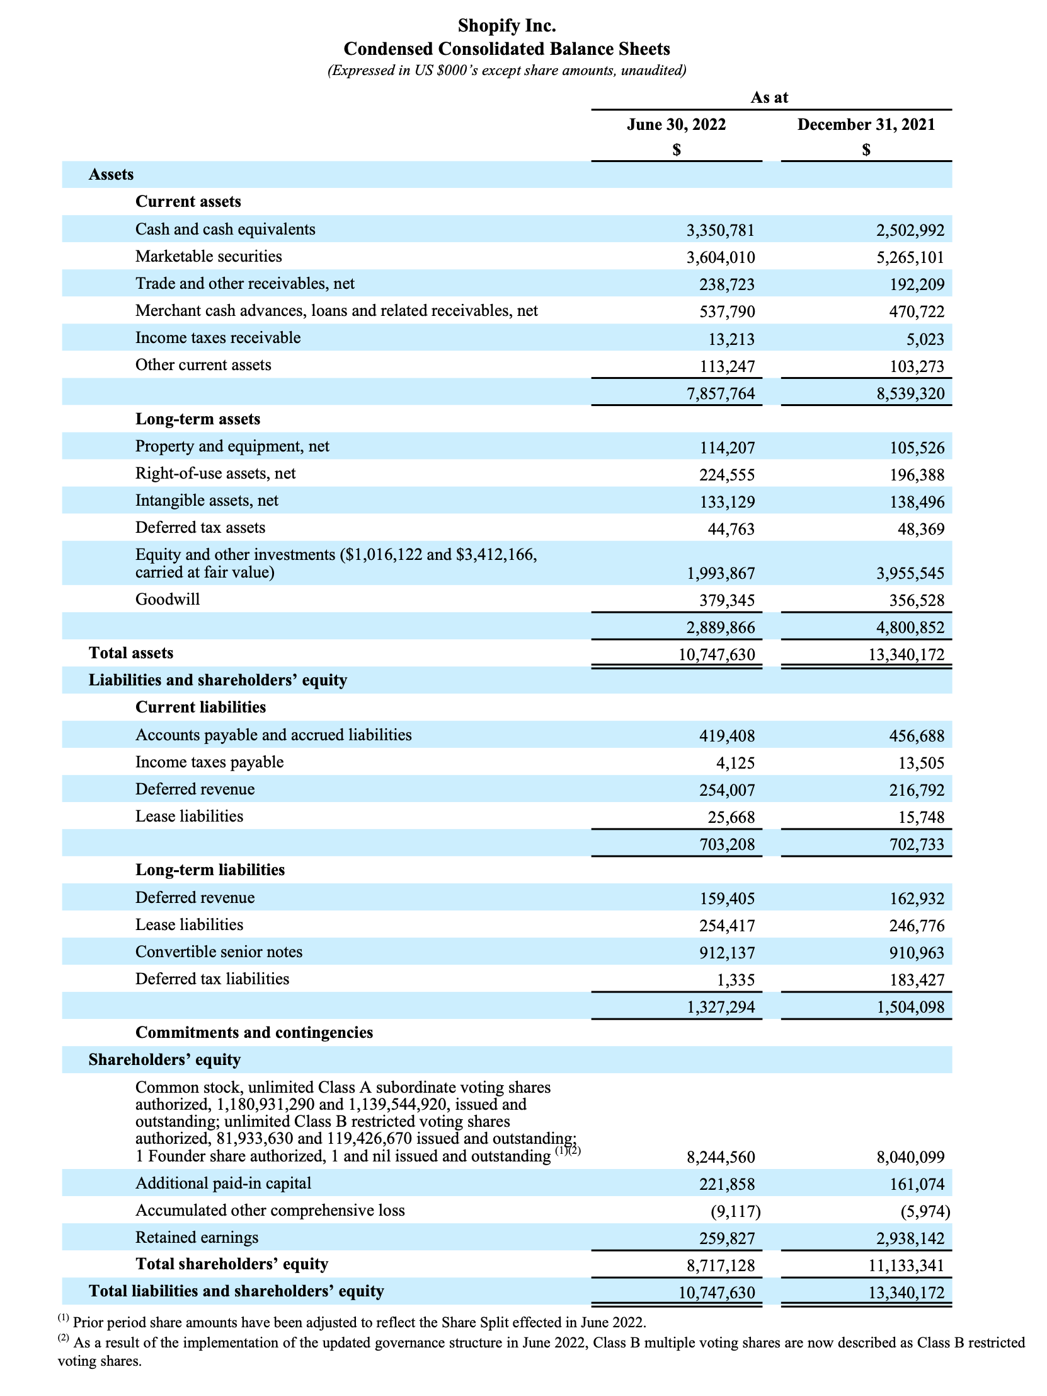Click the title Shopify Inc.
point(506,26)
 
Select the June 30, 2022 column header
point(676,124)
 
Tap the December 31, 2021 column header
point(866,124)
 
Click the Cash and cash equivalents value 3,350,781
point(720,230)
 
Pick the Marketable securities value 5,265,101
point(910,257)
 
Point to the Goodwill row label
point(168,600)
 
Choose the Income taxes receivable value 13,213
point(730,339)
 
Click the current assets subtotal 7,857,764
point(720,395)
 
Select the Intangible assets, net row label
point(207,501)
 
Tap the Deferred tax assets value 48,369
point(921,529)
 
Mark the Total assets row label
point(131,653)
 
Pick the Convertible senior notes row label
point(219,951)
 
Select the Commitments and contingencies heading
point(254,1032)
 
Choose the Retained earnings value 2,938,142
point(910,1239)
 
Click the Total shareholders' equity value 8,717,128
point(720,1265)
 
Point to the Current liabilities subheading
point(200,707)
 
